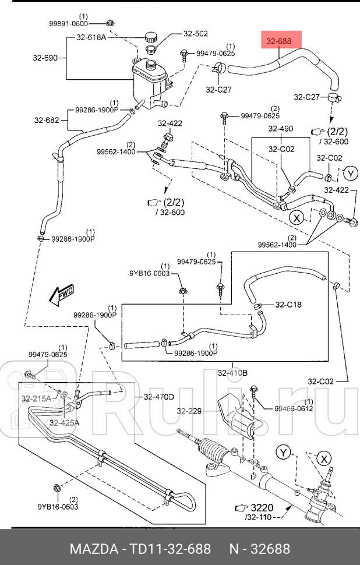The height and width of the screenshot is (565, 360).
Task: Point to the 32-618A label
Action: (91, 37)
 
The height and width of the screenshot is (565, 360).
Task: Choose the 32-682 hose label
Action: (47, 121)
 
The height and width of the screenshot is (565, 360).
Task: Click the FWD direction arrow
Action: (61, 295)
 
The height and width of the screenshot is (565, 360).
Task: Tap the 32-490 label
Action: (280, 129)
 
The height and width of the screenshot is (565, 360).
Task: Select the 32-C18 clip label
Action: (288, 304)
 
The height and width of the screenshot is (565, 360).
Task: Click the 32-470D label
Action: (158, 397)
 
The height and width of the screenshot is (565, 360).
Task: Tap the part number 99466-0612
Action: (294, 409)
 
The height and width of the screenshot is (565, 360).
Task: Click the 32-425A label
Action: (64, 423)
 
